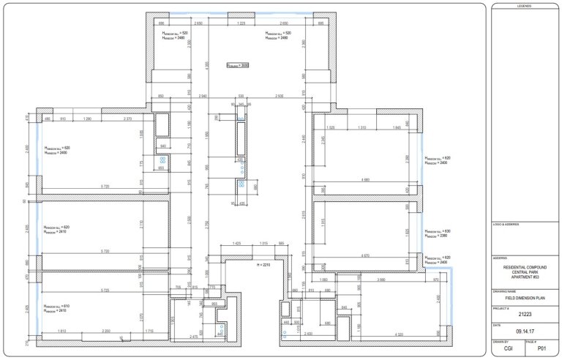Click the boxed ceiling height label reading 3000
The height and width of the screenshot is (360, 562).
[x=239, y=65]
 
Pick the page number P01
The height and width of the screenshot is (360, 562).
[x=542, y=350]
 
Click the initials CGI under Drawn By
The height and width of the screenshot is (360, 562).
[x=508, y=350]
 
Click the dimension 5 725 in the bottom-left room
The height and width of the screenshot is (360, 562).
[x=106, y=291]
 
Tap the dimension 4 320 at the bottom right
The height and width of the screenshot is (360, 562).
[x=399, y=334]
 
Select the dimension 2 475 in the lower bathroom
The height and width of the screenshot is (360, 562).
[x=195, y=336]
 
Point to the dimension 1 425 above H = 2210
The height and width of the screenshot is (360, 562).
[x=236, y=243]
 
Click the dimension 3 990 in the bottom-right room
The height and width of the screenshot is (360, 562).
[x=381, y=280]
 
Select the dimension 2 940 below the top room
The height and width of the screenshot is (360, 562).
[x=203, y=97]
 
